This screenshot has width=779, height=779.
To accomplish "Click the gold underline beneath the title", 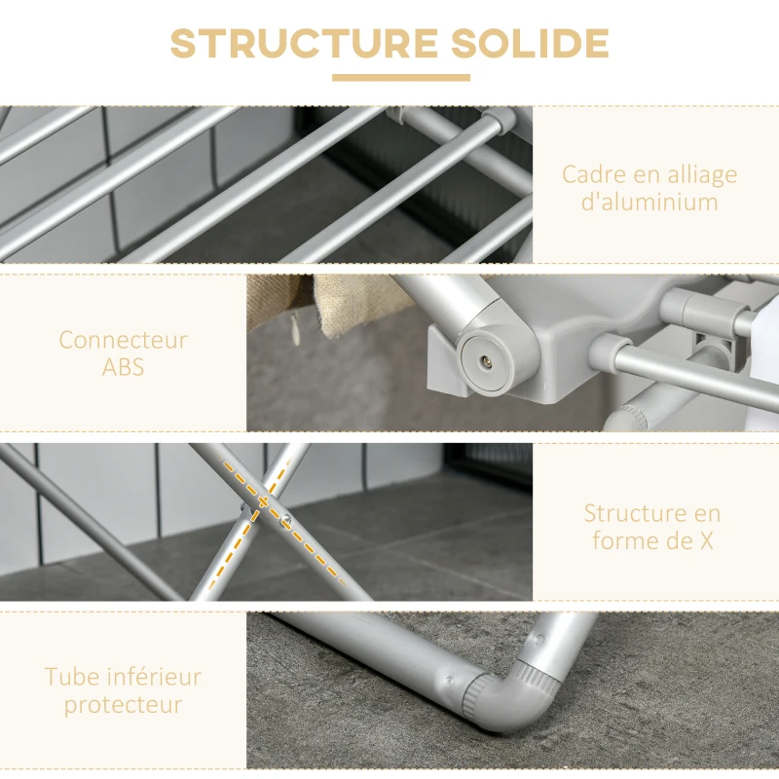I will (x=400, y=78).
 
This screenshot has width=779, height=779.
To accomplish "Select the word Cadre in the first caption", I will (x=589, y=175).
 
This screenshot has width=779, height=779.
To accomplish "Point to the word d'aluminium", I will (x=649, y=203).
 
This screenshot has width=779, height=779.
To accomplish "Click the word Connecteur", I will (x=123, y=341).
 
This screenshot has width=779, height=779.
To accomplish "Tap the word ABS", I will (x=123, y=368).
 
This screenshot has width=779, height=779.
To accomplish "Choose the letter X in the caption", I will (x=704, y=540).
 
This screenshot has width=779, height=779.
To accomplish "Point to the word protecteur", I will (x=123, y=704).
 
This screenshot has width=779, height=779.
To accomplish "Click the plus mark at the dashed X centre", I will (x=262, y=502).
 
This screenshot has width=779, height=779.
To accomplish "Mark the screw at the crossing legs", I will (x=286, y=519).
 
